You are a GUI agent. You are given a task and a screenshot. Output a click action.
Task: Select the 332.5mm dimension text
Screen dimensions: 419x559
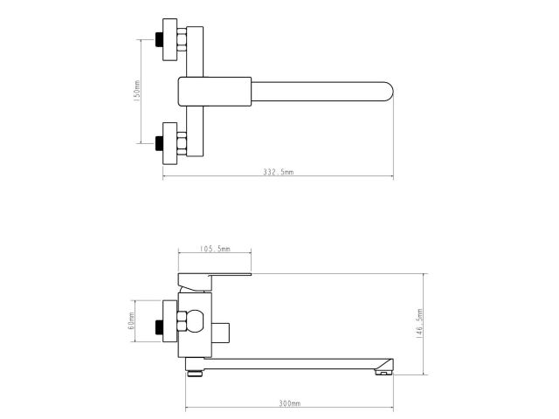coord(279,173)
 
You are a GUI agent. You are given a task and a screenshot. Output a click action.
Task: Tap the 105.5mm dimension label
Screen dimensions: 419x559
coord(214,249)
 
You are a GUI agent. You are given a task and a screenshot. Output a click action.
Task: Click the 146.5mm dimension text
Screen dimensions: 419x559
coord(420,324)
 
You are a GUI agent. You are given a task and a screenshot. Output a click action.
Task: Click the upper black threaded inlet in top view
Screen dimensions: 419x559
coord(160,39)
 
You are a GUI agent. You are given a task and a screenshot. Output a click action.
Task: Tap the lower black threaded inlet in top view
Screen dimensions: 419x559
coord(160,141)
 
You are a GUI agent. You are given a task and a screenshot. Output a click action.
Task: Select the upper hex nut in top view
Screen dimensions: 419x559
coord(181,39)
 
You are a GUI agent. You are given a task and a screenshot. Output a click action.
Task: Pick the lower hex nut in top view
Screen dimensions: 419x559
coord(181,141)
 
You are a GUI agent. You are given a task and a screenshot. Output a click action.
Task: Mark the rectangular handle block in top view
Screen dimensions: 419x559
coord(215,91)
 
